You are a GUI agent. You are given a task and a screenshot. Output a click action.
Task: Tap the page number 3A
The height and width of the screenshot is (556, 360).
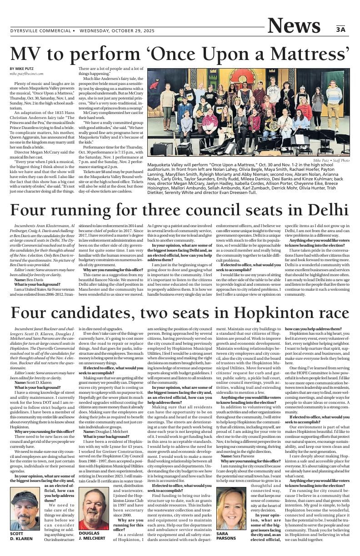(x=341, y=30)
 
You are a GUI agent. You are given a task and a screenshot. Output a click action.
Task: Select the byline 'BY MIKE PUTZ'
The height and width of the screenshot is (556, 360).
(x=21, y=69)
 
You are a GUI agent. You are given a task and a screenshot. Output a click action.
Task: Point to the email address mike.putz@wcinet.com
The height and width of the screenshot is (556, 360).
(x=27, y=74)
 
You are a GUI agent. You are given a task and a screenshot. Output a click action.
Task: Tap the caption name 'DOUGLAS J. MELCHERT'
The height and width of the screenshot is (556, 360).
(x=92, y=536)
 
